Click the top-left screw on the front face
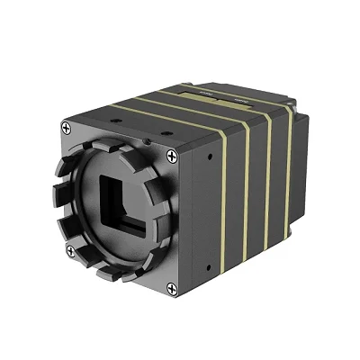click(69, 129)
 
